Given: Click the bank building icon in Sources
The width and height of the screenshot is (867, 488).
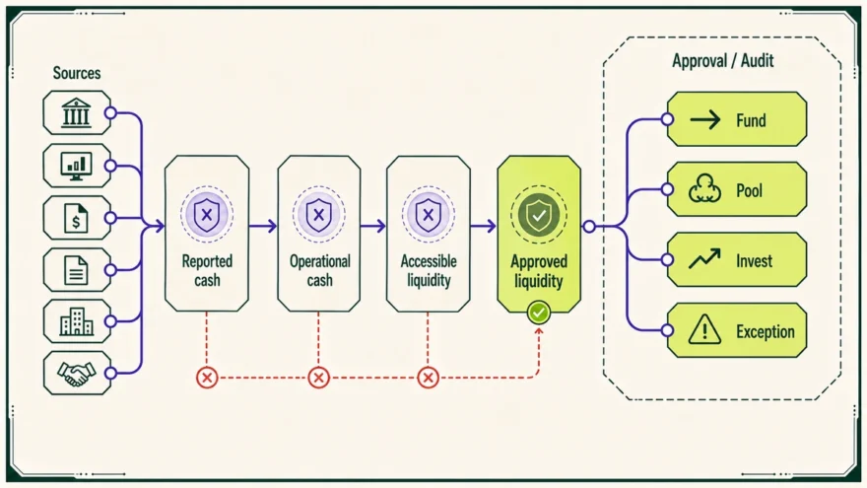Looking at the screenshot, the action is click(76, 112).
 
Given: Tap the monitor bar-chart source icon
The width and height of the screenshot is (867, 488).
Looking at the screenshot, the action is click(76, 166).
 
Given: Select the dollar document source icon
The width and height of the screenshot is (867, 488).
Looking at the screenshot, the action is click(76, 218).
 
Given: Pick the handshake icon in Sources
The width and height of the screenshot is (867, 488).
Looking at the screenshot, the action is click(76, 374).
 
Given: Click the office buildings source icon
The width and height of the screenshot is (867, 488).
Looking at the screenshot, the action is click(76, 321).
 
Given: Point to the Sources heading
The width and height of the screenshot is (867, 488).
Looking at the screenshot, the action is click(77, 73).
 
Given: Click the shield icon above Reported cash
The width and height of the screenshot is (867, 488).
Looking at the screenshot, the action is click(207, 215).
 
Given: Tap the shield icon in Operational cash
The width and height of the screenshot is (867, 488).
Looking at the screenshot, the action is click(318, 215).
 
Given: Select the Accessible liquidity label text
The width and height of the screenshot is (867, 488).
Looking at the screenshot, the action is click(429, 270).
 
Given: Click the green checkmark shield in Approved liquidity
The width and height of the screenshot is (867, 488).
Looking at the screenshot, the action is click(539, 215).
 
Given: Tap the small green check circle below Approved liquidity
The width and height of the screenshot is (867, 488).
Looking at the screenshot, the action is click(539, 313).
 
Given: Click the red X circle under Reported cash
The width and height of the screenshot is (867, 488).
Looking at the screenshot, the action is click(207, 378).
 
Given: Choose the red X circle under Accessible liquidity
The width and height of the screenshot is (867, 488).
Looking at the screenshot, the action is click(428, 378).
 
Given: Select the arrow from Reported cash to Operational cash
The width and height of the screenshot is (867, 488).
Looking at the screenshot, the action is click(263, 226).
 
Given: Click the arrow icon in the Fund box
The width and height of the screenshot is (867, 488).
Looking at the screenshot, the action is click(705, 119).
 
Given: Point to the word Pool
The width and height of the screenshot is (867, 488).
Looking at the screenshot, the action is click(749, 191).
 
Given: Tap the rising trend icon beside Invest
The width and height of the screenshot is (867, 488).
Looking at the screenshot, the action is click(705, 259).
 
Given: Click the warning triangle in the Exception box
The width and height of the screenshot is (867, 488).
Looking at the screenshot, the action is click(704, 329).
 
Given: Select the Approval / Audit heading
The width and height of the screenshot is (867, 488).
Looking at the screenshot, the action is click(723, 61).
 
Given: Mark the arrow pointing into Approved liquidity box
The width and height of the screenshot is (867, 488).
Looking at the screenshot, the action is click(484, 226).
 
